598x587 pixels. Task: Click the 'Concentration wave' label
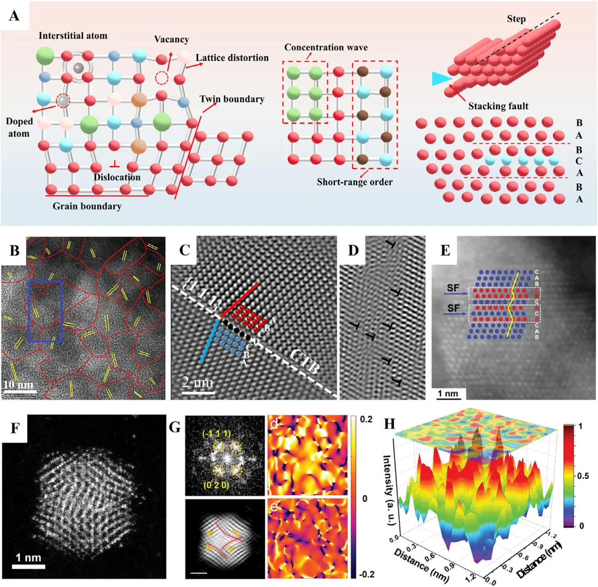326,48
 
